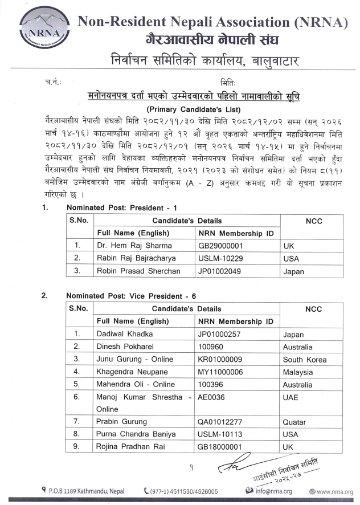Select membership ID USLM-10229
tap(219, 258)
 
